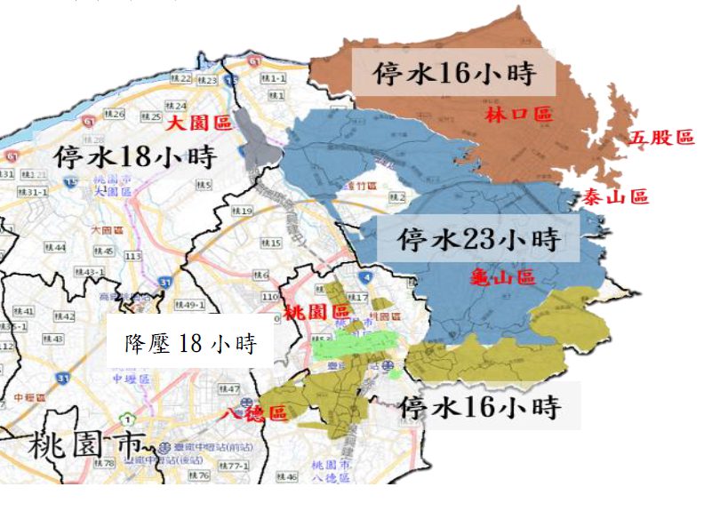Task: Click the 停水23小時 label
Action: point(478,239)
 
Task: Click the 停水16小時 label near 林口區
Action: point(454,74)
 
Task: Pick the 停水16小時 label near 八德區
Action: point(480,409)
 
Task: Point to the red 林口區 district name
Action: point(518,115)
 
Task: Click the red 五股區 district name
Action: point(660,138)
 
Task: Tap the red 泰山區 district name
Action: point(616,197)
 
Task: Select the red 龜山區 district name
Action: point(502,277)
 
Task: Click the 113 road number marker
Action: point(133,256)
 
